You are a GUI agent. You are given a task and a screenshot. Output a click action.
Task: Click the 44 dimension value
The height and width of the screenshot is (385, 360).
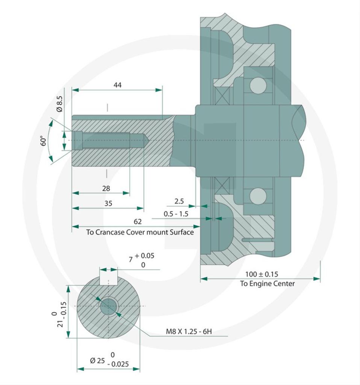click(118, 85)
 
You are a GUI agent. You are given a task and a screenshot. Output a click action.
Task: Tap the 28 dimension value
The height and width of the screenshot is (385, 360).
click(106, 188)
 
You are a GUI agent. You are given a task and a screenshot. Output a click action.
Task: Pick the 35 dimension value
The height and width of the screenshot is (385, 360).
click(108, 203)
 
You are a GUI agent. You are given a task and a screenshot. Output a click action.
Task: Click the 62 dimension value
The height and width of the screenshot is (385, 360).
click(138, 221)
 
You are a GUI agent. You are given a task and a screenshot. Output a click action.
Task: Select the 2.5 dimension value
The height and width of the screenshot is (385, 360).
click(179, 201)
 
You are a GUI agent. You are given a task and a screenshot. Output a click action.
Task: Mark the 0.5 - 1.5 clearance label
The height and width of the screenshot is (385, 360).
click(176, 214)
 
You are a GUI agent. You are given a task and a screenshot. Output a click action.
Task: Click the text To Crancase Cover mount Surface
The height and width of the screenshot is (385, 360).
click(140, 232)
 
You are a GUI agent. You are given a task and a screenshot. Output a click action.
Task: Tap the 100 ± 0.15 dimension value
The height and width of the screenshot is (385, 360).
click(262, 274)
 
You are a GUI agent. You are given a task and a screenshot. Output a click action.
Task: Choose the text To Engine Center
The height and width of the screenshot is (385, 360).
click(267, 283)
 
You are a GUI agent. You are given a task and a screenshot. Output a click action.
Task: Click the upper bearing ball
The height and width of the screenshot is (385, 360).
click(258, 85)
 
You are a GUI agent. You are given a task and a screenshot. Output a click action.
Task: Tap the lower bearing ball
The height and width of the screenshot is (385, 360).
click(258, 196)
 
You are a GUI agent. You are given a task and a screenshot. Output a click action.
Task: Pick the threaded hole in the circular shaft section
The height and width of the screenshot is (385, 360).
click(108, 306)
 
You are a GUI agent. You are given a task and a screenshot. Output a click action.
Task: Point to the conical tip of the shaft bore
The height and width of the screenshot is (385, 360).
click(147, 140)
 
